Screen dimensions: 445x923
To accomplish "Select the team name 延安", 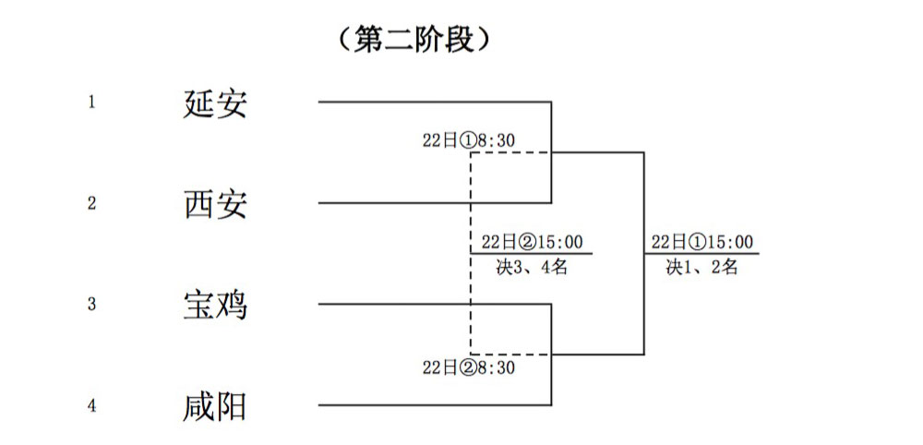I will click(x=215, y=102).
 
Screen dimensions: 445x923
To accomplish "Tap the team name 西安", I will click(x=215, y=203).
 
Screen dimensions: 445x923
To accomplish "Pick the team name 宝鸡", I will click(x=215, y=304).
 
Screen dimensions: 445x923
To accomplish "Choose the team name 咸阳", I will click(x=215, y=405).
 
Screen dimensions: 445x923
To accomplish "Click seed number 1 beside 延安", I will click(x=91, y=102).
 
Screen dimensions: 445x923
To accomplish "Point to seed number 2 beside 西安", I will click(x=91, y=203).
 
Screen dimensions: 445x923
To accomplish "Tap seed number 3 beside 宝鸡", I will click(x=91, y=304).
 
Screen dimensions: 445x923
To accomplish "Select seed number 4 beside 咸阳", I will click(x=91, y=405).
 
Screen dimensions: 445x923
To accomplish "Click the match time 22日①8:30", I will click(x=468, y=140).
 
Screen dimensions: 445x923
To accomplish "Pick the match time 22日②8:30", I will click(x=468, y=367).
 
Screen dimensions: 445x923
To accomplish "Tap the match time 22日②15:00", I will click(x=532, y=242).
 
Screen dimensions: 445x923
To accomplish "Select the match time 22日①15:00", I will click(x=702, y=242).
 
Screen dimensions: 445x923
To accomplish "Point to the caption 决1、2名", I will click(x=703, y=268).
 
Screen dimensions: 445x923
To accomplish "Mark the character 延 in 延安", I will click(x=199, y=102).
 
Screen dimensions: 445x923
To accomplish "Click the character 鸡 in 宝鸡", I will click(x=232, y=304).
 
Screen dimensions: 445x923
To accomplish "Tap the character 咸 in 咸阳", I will click(x=199, y=405).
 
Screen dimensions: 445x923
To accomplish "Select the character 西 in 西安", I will click(x=199, y=203).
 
